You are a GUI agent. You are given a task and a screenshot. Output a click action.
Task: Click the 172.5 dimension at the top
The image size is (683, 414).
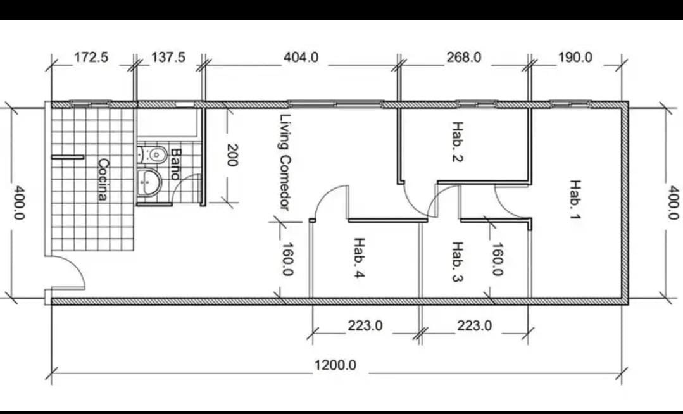click(x=91, y=57)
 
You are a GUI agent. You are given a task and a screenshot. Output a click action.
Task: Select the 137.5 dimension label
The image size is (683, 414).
click(x=168, y=57)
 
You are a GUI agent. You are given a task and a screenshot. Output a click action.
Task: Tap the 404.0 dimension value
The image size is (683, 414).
click(x=301, y=57)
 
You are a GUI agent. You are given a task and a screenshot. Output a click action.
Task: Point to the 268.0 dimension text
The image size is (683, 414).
click(x=464, y=57)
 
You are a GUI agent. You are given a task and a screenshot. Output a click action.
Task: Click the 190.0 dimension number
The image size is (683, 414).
click(x=575, y=57)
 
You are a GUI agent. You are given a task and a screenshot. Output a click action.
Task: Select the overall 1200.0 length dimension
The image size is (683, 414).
click(x=335, y=365)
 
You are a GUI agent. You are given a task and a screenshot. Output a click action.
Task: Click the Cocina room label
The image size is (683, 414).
click(x=103, y=180)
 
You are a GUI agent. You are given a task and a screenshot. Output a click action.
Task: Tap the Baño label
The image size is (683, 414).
click(x=175, y=165)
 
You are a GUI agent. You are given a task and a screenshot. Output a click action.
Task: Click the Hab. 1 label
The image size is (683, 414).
click(x=575, y=199)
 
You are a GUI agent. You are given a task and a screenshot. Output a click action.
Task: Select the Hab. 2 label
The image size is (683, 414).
click(x=458, y=142)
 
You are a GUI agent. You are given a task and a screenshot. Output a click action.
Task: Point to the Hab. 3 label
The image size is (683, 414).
click(x=458, y=262)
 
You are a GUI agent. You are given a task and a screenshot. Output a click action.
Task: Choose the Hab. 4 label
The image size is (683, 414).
click(x=358, y=258)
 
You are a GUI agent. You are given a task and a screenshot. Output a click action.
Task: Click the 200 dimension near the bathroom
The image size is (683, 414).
click(x=232, y=155)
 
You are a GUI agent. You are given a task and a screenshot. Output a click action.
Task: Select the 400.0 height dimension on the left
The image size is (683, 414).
click(x=19, y=203)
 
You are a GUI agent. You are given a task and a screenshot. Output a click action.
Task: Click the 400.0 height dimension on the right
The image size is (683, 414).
click(x=674, y=203)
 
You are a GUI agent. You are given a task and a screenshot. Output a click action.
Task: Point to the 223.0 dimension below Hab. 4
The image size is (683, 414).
click(x=365, y=325)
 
